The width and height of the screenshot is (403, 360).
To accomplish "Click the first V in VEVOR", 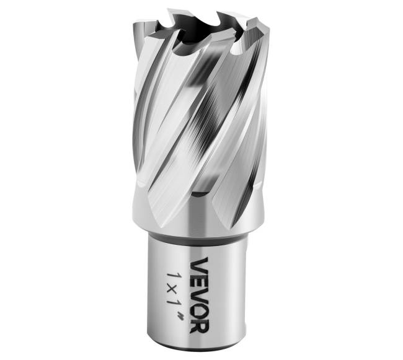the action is (x=200, y=265).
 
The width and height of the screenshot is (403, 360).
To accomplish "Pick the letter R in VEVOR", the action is (x=200, y=325).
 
